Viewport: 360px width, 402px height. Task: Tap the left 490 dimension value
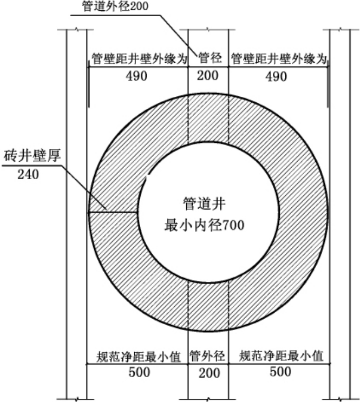[136, 77]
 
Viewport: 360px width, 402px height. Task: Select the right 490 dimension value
[276, 77]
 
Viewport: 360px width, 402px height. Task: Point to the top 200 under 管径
[208, 75]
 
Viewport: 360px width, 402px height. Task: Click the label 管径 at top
[208, 57]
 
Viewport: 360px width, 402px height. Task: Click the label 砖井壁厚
[32, 154]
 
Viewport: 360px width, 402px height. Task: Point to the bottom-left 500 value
[139, 372]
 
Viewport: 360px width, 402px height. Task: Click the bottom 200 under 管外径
[208, 373]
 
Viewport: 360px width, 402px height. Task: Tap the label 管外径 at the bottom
[208, 355]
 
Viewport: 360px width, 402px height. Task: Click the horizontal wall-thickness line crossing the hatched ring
[112, 212]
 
